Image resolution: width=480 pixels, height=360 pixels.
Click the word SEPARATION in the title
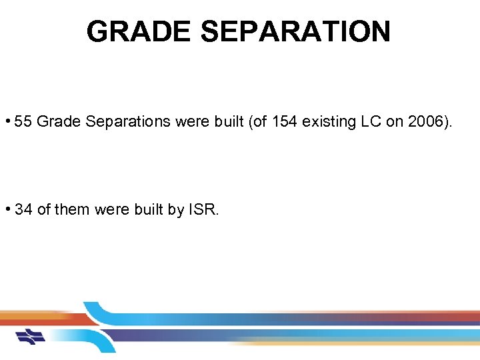[298, 31]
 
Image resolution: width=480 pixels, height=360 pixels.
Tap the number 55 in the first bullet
[23, 121]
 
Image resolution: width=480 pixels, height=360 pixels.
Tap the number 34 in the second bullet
[23, 209]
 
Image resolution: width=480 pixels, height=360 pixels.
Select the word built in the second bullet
[146, 209]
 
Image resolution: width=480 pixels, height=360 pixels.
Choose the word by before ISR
[176, 209]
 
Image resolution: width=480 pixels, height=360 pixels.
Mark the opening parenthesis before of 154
[250, 121]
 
